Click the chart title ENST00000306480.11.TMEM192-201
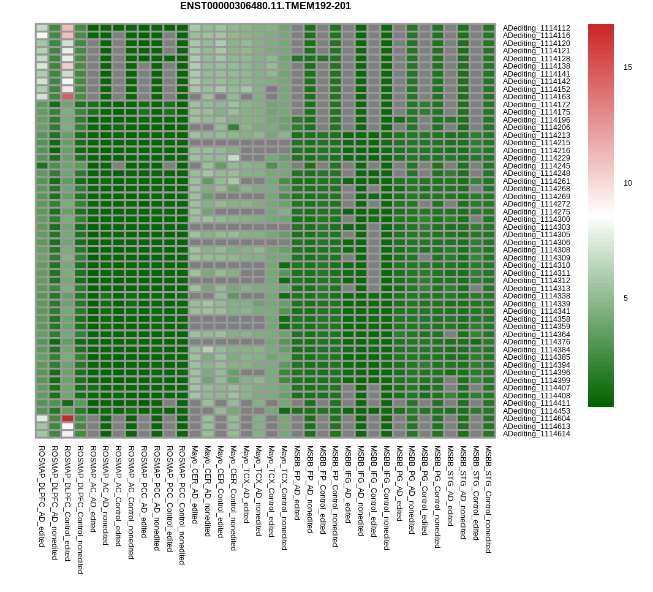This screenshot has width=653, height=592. pos(265,6)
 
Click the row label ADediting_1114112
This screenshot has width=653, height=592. pos(537,28)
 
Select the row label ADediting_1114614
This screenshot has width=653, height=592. pos(537,434)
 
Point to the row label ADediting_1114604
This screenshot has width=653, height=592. pos(537,419)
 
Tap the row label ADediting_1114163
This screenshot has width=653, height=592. pos(537,97)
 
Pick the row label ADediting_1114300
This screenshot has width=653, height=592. pos(537,219)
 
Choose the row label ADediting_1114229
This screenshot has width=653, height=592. pos(537,158)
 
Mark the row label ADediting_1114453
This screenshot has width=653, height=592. pos(537,411)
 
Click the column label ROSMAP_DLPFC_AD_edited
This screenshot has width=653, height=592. pos(42,496)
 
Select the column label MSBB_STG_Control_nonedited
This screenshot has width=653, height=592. pos(488,499)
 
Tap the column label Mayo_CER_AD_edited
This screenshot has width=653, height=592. pos(195,484)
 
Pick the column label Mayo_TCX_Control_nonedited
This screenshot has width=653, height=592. pos(284,497)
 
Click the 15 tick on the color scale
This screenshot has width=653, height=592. pos(628,67)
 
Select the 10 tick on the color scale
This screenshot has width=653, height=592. pos(628,183)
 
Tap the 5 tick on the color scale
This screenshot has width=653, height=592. pos(625,298)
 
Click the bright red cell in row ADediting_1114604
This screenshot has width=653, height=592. pos(67,419)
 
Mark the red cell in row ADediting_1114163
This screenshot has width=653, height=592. pos(67,97)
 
